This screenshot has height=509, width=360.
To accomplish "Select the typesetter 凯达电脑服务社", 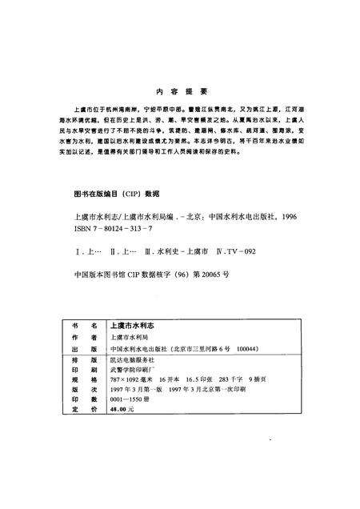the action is click(x=131, y=362).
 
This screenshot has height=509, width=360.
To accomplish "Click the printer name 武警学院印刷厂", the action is click(x=131, y=373).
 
